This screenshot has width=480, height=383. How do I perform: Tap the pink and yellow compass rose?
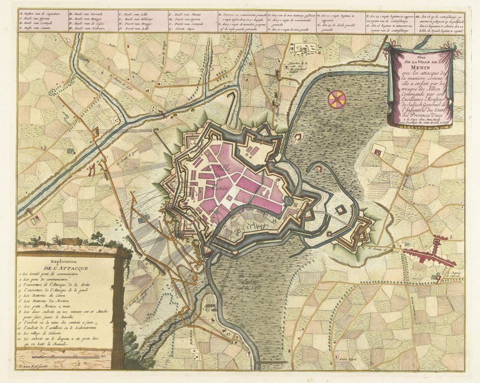337,98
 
